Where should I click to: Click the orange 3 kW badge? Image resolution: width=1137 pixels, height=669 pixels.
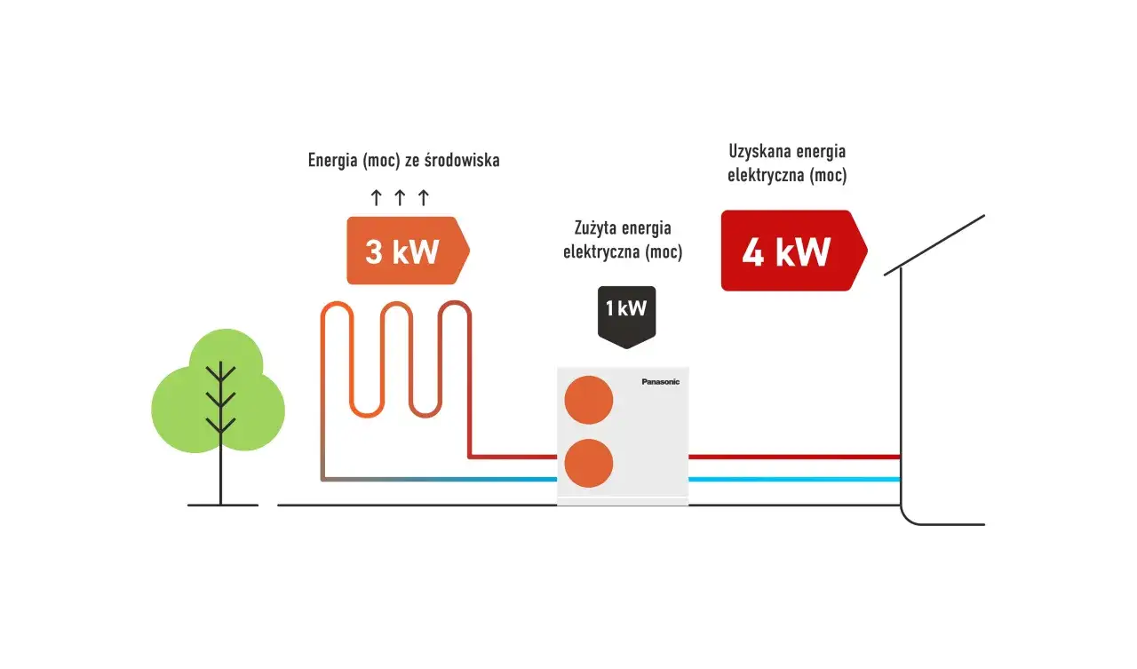[404, 251]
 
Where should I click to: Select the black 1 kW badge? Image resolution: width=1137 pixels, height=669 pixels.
[626, 311]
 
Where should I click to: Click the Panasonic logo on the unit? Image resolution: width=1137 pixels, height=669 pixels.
[660, 382]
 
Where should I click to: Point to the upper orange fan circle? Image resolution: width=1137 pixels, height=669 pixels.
[589, 400]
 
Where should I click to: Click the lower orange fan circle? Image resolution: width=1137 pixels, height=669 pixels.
[589, 463]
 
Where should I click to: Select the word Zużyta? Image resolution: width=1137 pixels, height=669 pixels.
[594, 229]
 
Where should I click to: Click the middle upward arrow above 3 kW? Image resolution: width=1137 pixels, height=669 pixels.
[400, 197]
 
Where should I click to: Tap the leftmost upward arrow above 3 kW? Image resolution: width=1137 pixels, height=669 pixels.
[377, 197]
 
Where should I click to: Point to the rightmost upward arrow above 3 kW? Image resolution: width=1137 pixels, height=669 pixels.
[423, 197]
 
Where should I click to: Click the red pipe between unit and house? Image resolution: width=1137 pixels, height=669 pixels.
[795, 457]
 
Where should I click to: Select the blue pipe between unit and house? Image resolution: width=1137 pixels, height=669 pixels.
[795, 480]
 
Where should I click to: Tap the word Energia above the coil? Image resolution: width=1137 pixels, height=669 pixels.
[332, 161]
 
